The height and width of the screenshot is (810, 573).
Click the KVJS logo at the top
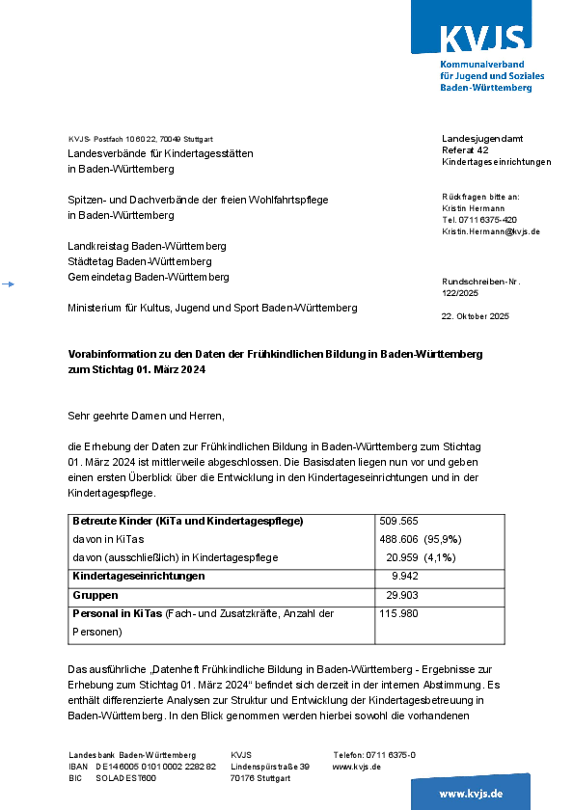click(483, 39)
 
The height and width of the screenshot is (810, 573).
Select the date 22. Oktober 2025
click(475, 316)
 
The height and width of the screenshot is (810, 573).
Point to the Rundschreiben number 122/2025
click(459, 292)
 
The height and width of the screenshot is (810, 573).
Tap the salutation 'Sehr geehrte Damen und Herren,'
click(146, 416)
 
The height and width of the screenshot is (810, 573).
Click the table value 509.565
click(398, 521)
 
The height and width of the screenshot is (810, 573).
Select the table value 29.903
click(402, 595)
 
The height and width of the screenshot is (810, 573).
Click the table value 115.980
click(399, 613)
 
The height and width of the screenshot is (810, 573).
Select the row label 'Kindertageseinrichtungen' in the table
click(139, 576)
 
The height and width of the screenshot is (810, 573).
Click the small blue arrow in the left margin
click(8, 284)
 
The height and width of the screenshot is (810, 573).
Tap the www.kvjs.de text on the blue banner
click(471, 793)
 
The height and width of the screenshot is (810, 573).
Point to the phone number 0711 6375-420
click(479, 220)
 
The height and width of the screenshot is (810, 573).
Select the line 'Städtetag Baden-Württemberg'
click(140, 261)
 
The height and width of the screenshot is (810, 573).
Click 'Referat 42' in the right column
click(465, 150)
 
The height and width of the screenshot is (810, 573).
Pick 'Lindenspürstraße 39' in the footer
click(270, 767)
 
